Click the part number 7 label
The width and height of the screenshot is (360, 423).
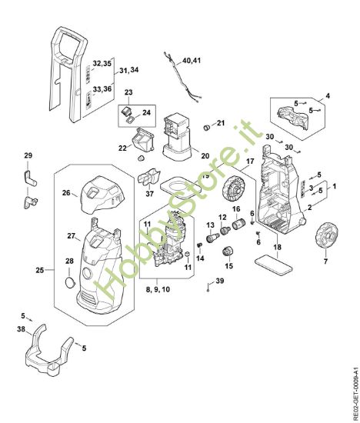(x=325, y=261)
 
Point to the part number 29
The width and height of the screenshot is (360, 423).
(x=28, y=156)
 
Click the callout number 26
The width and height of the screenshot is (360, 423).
(x=66, y=193)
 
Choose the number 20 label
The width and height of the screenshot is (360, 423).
(x=205, y=155)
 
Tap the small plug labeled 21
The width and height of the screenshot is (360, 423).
(x=205, y=125)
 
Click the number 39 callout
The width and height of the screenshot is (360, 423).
(x=220, y=283)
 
